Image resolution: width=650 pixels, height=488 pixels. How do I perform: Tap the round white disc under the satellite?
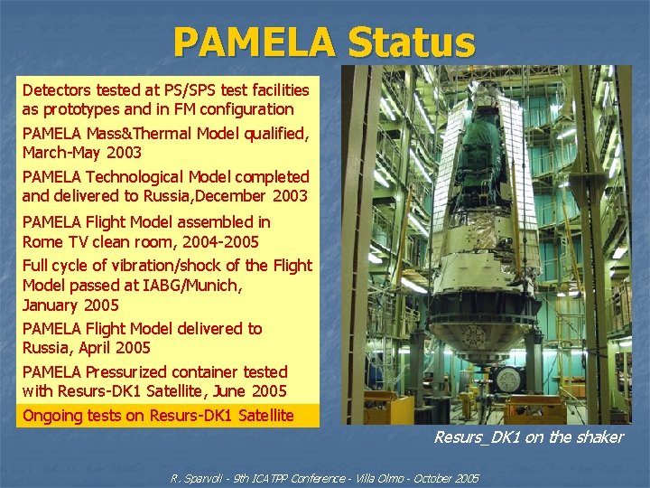coord(507,379)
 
